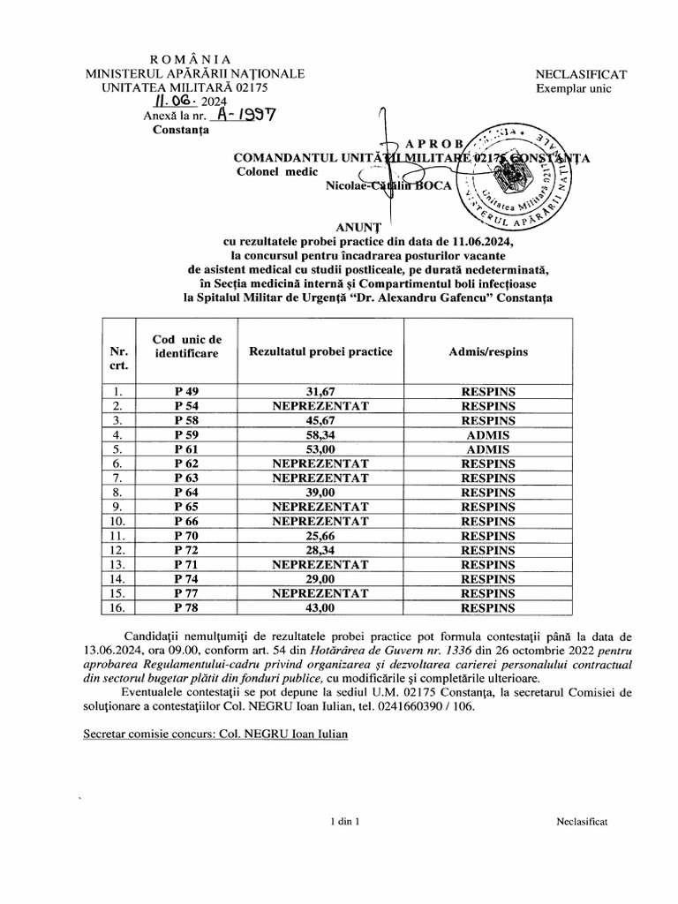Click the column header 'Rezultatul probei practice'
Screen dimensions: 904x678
(320, 351)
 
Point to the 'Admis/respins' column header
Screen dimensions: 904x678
(488, 351)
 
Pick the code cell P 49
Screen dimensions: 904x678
(186, 392)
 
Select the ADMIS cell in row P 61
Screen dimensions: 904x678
(488, 449)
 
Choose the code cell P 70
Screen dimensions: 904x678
(186, 536)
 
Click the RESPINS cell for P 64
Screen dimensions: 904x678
(488, 493)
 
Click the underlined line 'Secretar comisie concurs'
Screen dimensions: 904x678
(215, 734)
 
